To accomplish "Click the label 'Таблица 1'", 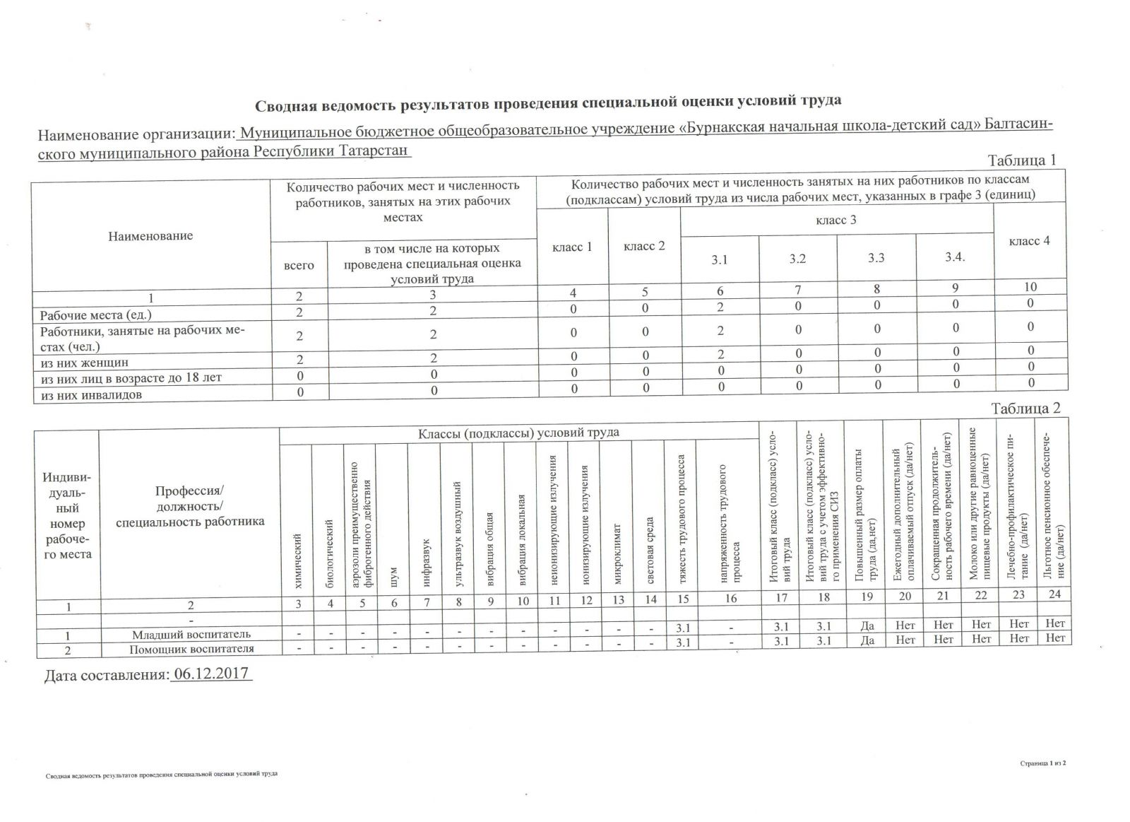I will point(1022,160).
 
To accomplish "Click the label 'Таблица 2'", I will point(1025,409).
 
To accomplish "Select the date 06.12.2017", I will point(211,672).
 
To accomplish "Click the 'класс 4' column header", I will point(1029,241).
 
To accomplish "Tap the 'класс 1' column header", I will point(572,247).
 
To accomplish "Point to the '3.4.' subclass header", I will point(955,257).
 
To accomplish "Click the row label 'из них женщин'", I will point(85,363).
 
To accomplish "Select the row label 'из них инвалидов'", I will point(91,395).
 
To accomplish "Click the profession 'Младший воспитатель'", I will point(191,634).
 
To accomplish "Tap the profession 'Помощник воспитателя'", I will point(191,649).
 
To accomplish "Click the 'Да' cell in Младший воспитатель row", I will point(868,625).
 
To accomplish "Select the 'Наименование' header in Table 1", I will point(150,236).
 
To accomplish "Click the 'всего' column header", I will point(299,265).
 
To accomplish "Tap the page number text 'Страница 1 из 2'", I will point(1042,763).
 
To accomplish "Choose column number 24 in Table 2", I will point(1054,594).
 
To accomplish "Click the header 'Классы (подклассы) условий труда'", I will point(518,433).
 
